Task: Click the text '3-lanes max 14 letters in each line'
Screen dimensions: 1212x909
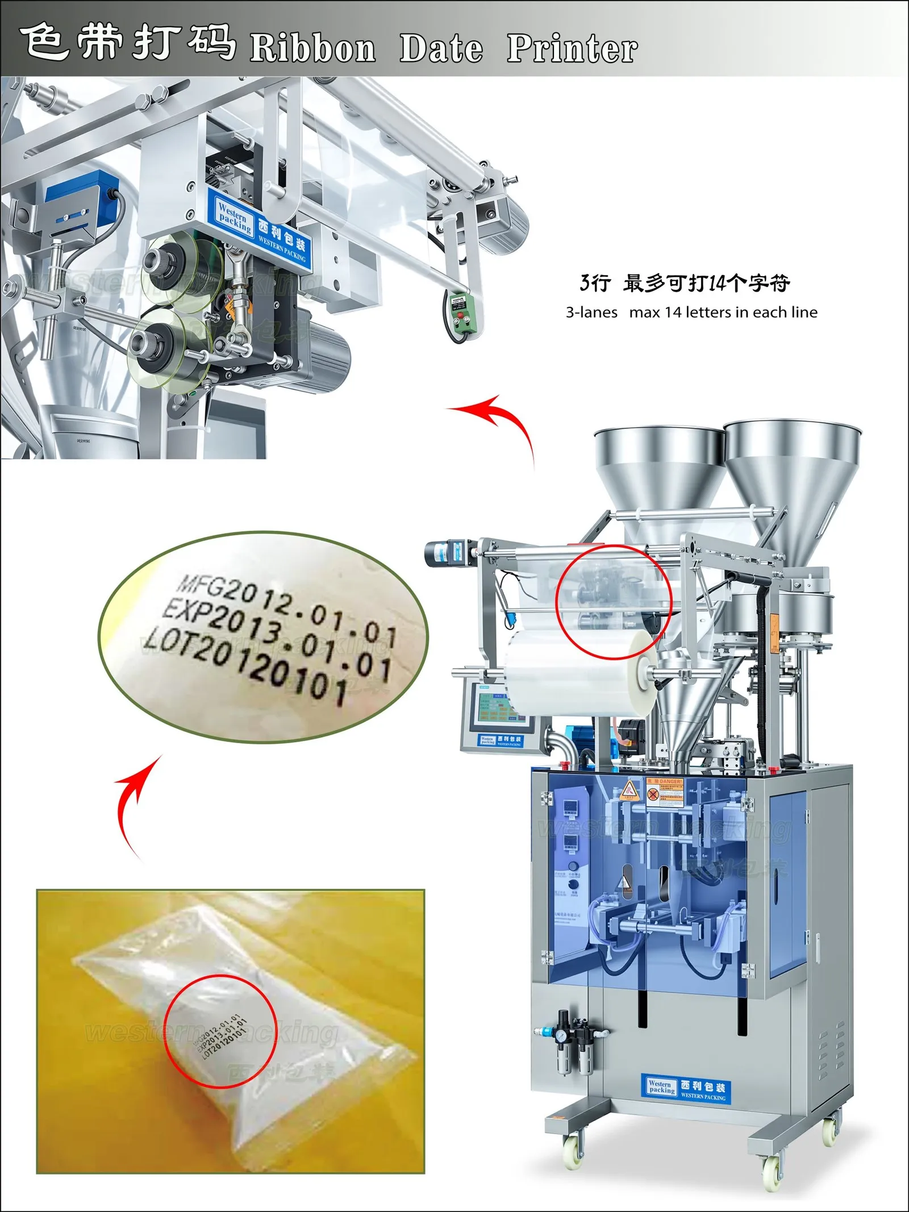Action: tap(691, 312)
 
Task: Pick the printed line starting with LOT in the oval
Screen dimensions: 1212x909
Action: tap(244, 665)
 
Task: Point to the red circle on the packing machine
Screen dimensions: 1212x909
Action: tap(614, 602)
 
